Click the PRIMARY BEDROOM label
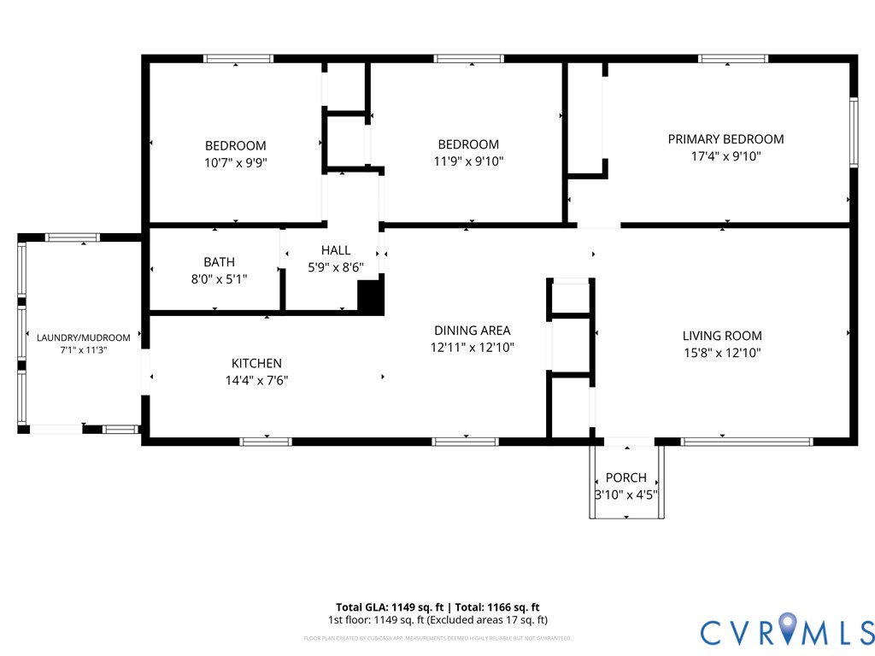[725, 139]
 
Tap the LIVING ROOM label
[722, 336]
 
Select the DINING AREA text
[472, 331]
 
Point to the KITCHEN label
[256, 363]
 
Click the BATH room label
[219, 262]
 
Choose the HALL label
[336, 250]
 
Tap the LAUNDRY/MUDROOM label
[83, 337]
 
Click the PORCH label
[625, 477]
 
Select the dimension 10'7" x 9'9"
[235, 162]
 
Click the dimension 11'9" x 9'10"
[468, 161]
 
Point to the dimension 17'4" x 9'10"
[725, 156]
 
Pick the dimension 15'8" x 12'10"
[722, 352]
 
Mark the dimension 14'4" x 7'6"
[250, 380]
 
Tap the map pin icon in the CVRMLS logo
[785, 630]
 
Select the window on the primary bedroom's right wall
[853, 132]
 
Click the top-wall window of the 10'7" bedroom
[238, 59]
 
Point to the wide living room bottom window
[747, 442]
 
